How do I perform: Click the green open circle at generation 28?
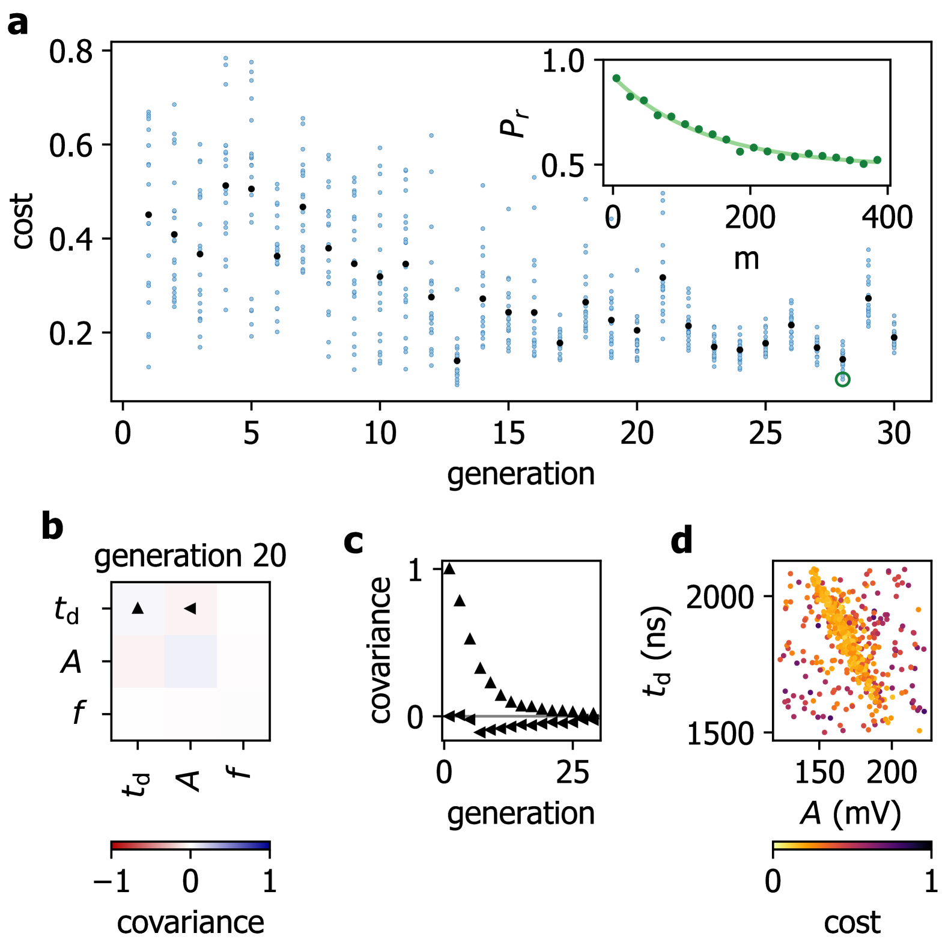[x=842, y=379]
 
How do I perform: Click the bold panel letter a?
[x=18, y=24]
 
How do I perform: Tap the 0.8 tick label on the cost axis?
[x=71, y=52]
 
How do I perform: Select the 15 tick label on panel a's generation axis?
[x=508, y=433]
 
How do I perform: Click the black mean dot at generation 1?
[x=148, y=214]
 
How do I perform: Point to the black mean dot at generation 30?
[x=894, y=337]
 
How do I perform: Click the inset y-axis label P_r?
[x=514, y=123]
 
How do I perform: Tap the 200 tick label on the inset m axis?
[x=750, y=217]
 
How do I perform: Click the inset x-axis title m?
[x=747, y=258]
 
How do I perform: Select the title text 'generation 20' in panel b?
[x=190, y=556]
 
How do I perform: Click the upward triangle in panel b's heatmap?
[x=138, y=609]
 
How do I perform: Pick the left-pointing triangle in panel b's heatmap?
[x=190, y=609]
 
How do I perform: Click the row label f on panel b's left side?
[x=78, y=713]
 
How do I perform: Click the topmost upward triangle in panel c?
[x=449, y=568]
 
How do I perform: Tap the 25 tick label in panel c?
[x=572, y=773]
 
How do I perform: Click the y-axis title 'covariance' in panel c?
[x=380, y=650]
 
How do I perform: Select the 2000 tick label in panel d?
[x=719, y=597]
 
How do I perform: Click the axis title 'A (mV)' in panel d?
[x=851, y=813]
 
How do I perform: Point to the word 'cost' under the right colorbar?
[x=852, y=922]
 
